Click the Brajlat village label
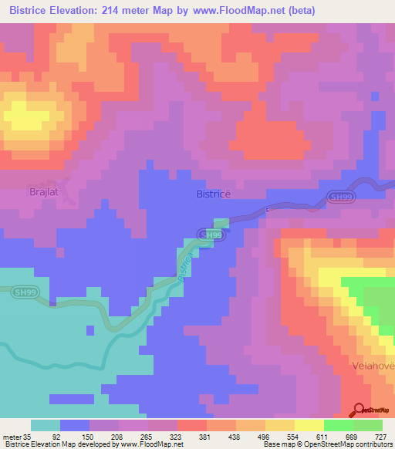coord(44,191)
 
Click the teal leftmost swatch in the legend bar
coord(46,425)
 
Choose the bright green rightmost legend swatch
coord(368,425)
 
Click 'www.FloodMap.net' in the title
coord(240,12)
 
